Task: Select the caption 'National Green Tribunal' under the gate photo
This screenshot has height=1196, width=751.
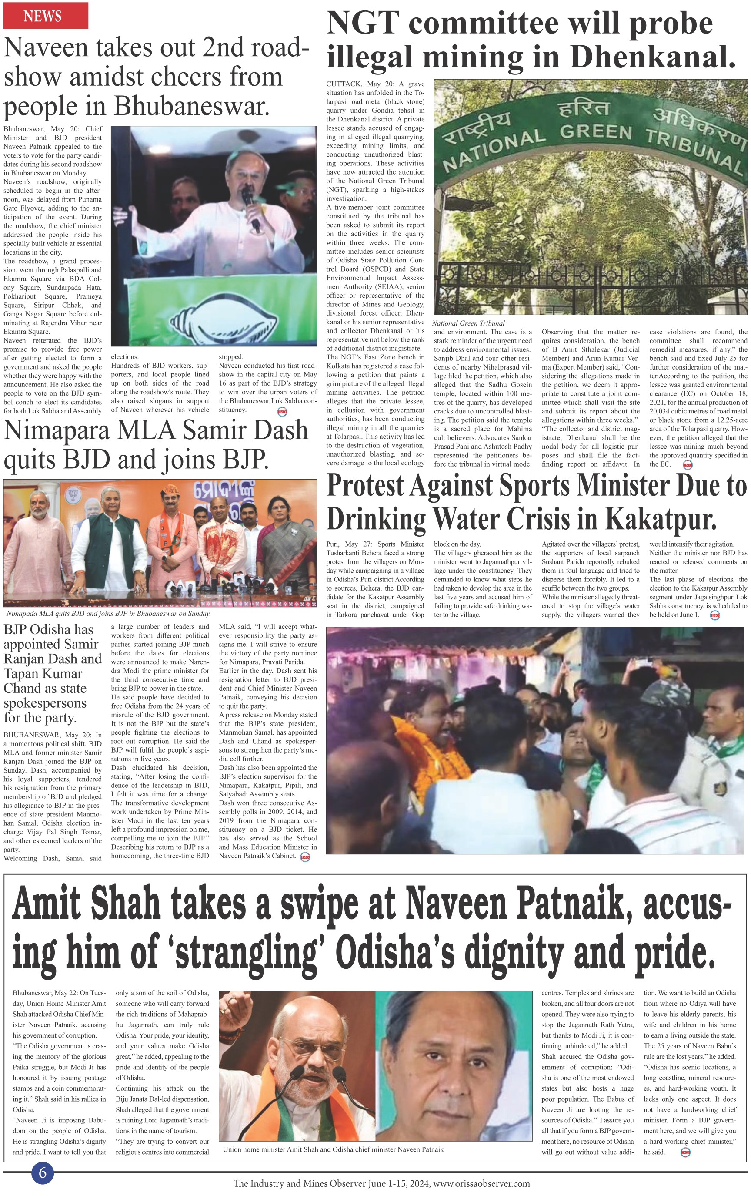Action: click(468, 323)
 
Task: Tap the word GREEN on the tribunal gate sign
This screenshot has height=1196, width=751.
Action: click(595, 132)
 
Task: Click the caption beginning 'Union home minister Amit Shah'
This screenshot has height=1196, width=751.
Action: click(333, 1149)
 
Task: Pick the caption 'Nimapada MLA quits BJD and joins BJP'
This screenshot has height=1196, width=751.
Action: click(108, 613)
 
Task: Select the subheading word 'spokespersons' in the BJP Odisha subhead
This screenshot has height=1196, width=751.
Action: click(45, 703)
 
